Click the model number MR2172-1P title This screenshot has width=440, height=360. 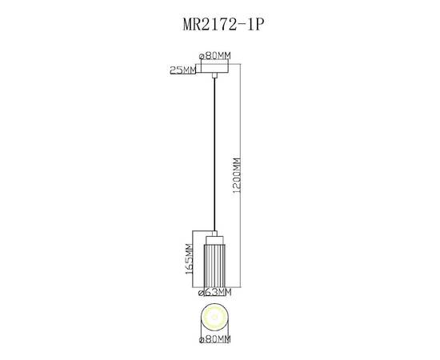[219, 25]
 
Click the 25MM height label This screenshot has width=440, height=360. [183, 70]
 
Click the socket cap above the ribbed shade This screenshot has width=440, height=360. [215, 238]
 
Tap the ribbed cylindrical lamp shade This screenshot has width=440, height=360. [215, 266]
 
